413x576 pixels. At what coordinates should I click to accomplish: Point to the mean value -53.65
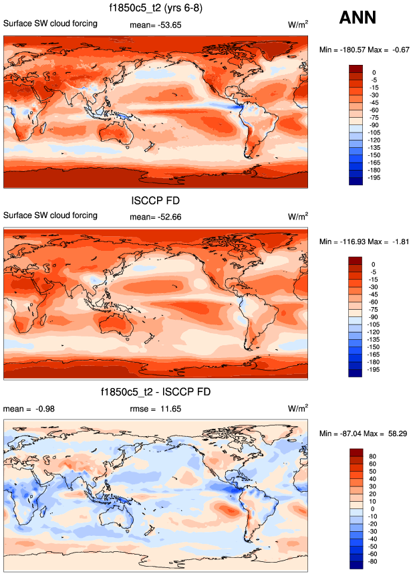168,25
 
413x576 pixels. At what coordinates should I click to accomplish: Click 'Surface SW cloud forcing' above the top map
51,23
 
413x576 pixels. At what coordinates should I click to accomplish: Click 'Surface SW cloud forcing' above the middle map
51,215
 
